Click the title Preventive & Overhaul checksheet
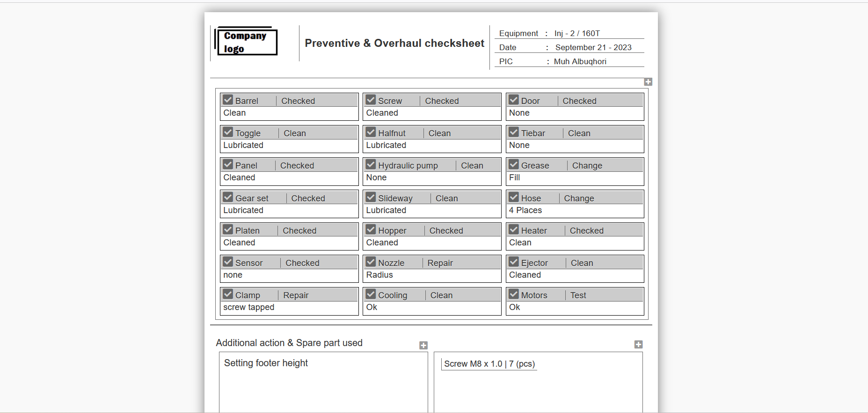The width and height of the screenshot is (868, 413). [394, 43]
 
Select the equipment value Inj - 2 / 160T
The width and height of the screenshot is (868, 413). [577, 33]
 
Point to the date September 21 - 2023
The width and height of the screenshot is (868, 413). [593, 47]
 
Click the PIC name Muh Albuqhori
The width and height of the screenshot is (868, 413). [580, 61]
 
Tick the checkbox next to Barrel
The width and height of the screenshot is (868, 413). [228, 100]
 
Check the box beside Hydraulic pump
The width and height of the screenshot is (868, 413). [371, 164]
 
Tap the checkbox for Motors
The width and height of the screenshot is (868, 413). [514, 294]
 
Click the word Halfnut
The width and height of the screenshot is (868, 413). [392, 133]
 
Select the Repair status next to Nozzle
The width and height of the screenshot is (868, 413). [440, 263]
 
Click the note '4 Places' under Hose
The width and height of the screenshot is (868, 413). [525, 210]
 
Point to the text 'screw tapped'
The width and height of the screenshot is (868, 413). [248, 307]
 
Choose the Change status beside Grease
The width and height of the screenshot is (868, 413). [587, 166]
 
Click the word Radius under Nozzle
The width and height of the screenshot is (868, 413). [379, 275]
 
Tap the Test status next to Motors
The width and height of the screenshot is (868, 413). [578, 295]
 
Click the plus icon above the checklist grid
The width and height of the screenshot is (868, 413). [648, 82]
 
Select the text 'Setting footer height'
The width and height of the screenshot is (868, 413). [266, 363]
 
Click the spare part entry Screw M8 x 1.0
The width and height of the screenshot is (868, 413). [473, 364]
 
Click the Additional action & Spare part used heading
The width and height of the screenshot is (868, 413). [289, 343]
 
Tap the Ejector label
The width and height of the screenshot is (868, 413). [534, 263]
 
